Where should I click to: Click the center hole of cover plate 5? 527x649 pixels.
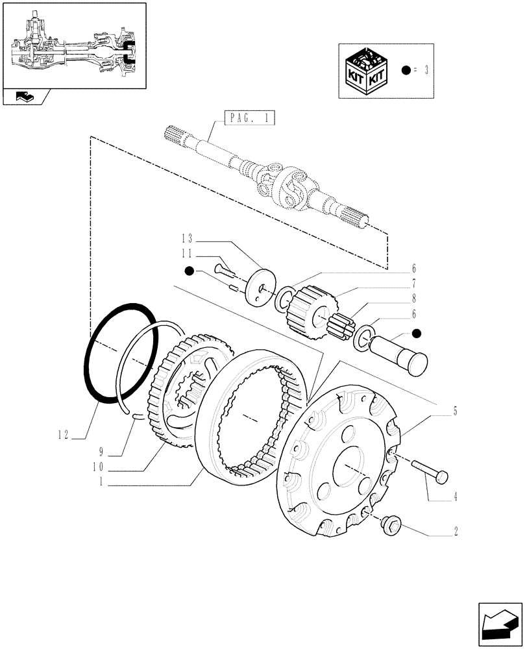tap(347, 466)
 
